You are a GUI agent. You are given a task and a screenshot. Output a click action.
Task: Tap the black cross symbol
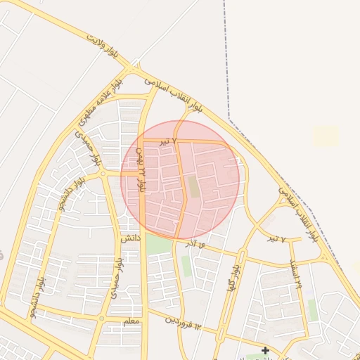(x=265, y=350)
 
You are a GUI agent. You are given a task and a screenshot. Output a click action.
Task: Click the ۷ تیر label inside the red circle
(x=164, y=142)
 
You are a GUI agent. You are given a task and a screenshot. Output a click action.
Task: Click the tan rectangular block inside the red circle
(x=193, y=186)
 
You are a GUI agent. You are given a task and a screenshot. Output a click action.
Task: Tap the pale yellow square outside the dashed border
(x=325, y=136)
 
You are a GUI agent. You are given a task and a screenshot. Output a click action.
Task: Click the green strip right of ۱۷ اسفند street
(x=312, y=309)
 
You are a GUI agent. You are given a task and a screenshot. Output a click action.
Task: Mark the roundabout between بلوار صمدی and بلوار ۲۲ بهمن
(x=102, y=173)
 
